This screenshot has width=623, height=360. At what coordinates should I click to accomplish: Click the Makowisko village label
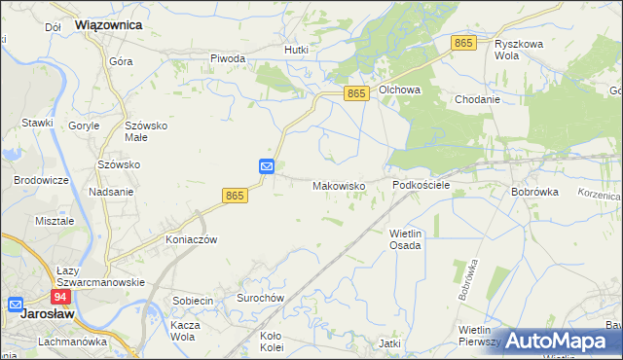[x=338, y=186]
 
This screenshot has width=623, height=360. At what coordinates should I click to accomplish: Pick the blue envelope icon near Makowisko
[x=267, y=167]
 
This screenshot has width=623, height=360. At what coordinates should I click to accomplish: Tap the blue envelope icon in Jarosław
[x=16, y=304]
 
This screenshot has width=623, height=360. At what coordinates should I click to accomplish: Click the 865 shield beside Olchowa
[x=357, y=93]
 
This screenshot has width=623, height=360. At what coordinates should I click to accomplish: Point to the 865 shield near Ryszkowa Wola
[x=464, y=44]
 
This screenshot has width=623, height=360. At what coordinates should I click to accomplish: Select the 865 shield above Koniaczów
[x=235, y=196]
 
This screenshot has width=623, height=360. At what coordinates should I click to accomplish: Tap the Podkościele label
[x=421, y=185]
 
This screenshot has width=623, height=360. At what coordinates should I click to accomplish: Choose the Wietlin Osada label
[x=405, y=239]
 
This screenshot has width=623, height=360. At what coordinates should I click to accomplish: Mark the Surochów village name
[x=260, y=298]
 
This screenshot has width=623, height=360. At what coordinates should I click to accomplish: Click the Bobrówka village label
[x=534, y=193]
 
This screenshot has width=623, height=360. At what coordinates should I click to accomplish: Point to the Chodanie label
[x=477, y=99]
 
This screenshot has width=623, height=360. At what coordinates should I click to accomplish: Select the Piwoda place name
[x=228, y=58]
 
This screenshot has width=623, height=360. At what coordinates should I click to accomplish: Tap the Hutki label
[x=296, y=50]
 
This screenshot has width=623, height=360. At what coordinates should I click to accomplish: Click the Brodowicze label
[x=40, y=181]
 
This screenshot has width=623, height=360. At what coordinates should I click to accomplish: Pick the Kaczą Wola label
[x=184, y=331]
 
